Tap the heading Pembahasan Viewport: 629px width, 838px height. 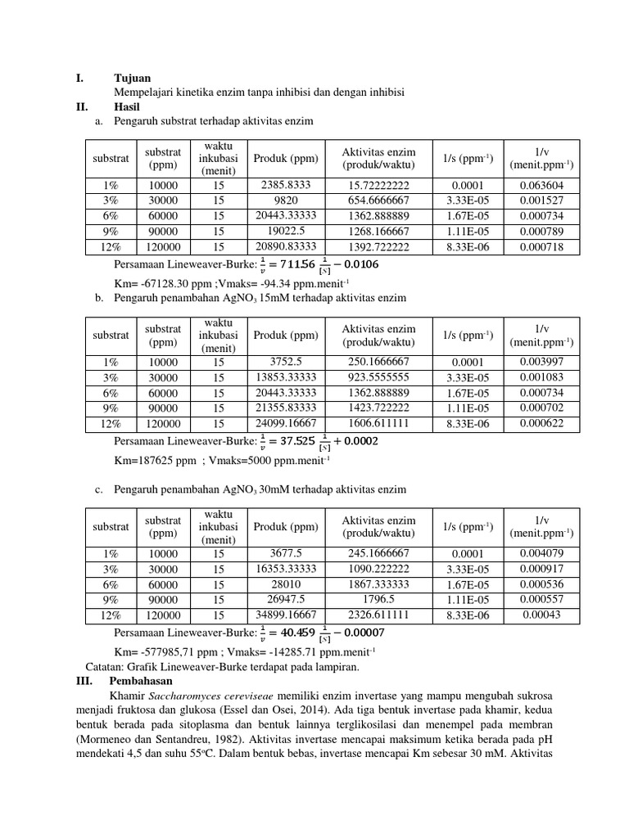tap(140, 680)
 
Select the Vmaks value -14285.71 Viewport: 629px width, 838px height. tap(314, 651)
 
